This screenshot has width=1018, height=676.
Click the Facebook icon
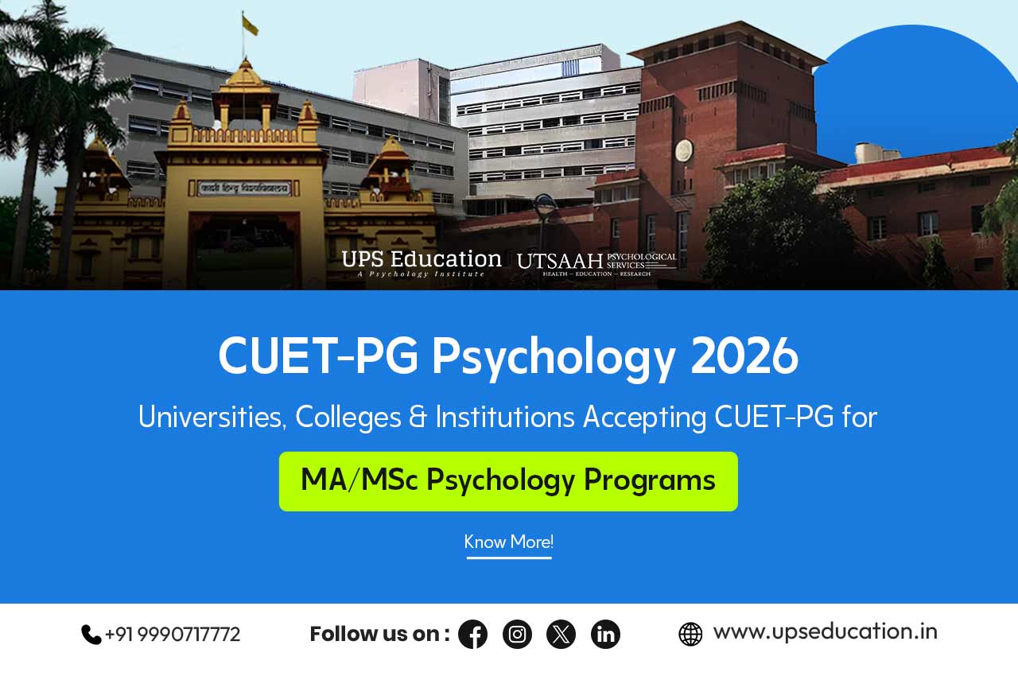pyautogui.click(x=472, y=634)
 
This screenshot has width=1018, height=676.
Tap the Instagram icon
pyautogui.click(x=517, y=634)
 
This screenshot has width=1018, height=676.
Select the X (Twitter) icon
pyautogui.click(x=561, y=634)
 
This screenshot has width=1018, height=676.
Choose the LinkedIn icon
pyautogui.click(x=605, y=634)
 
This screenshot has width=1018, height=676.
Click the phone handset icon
pyautogui.click(x=91, y=634)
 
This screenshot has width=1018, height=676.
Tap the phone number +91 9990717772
pyautogui.click(x=173, y=634)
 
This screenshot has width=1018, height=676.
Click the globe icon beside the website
pyautogui.click(x=690, y=634)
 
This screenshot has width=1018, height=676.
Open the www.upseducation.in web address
pyautogui.click(x=825, y=631)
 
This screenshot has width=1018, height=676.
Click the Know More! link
pyautogui.click(x=509, y=542)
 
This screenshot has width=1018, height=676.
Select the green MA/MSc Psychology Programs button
pyautogui.click(x=508, y=481)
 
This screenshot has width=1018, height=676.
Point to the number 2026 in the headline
pyautogui.click(x=744, y=357)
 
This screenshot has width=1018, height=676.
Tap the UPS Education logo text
pyautogui.click(x=422, y=261)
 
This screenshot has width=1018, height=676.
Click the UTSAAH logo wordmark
pyautogui.click(x=560, y=261)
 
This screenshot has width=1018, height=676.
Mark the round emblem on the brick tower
pyautogui.click(x=683, y=150)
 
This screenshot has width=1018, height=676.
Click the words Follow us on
pyautogui.click(x=379, y=634)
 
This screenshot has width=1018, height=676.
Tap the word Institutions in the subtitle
pyautogui.click(x=505, y=418)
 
